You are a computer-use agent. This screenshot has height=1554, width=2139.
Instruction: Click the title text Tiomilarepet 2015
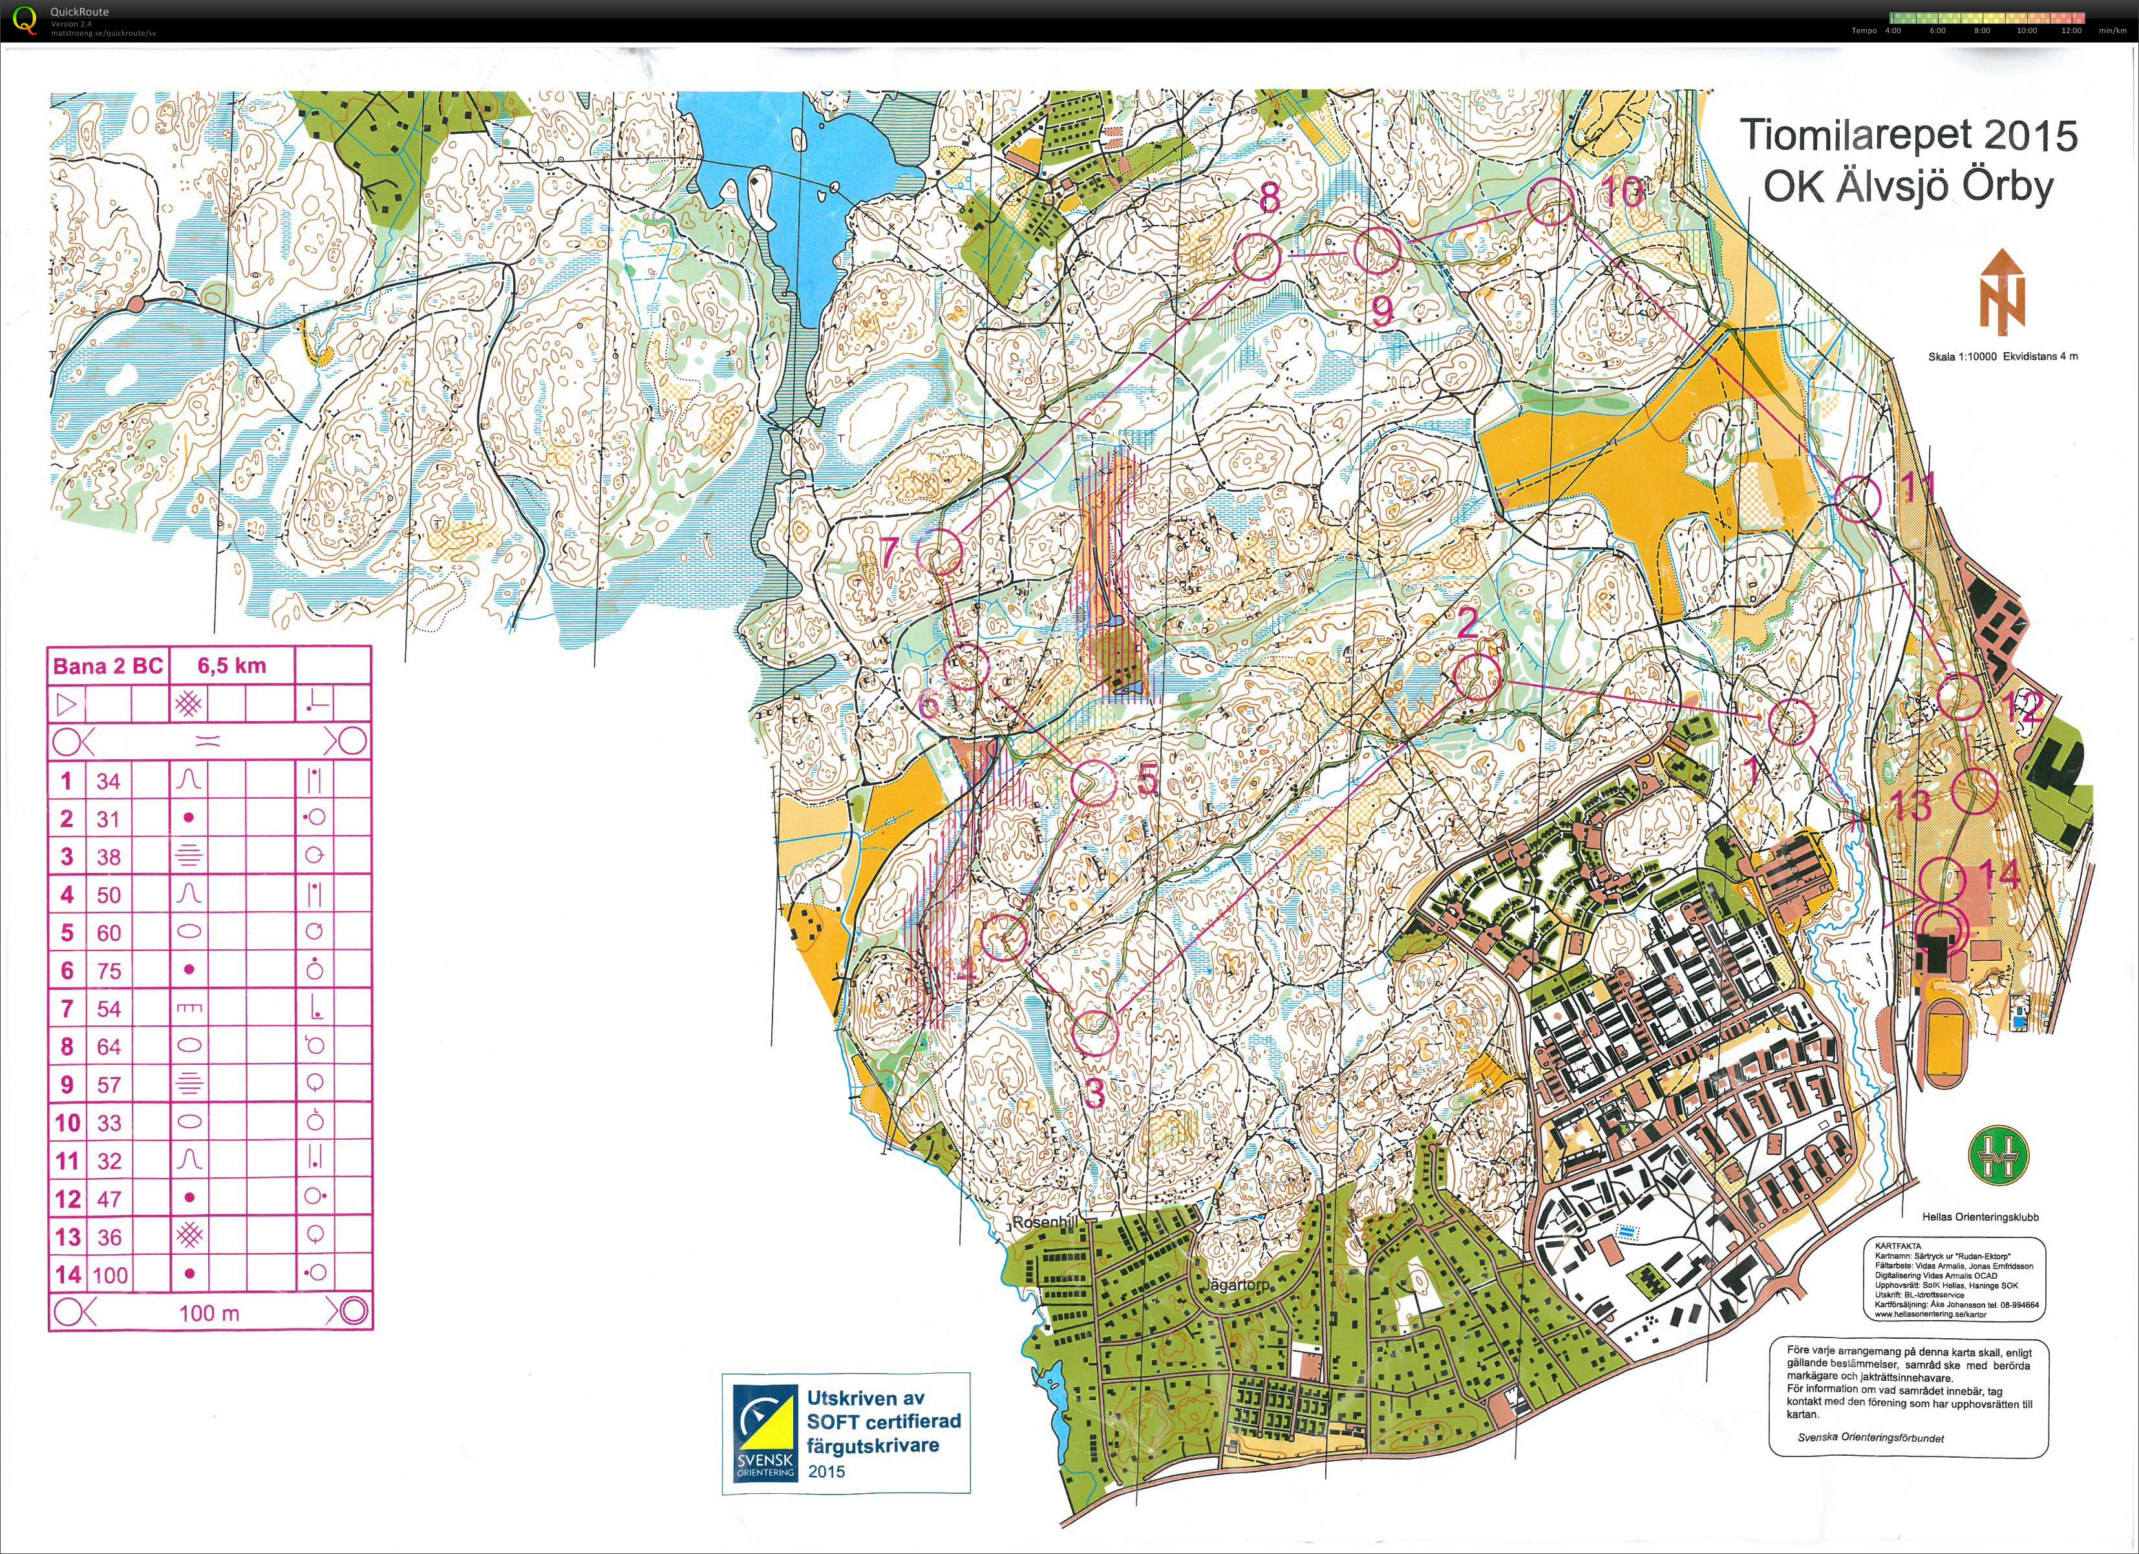pos(1907,136)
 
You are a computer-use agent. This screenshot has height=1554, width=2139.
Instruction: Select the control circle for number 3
pos(1094,1033)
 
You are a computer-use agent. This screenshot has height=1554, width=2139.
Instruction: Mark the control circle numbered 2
pos(1477,677)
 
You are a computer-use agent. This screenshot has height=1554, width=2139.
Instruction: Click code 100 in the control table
pos(109,1276)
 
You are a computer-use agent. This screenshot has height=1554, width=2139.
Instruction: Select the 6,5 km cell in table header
pos(231,666)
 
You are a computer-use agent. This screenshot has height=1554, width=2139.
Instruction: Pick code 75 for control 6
pos(109,971)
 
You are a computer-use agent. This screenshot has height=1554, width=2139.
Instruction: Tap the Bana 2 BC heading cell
pos(107,666)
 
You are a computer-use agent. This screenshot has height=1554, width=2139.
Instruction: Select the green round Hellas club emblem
pos(1997,1155)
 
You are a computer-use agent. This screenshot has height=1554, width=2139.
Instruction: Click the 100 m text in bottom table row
pos(209,1312)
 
